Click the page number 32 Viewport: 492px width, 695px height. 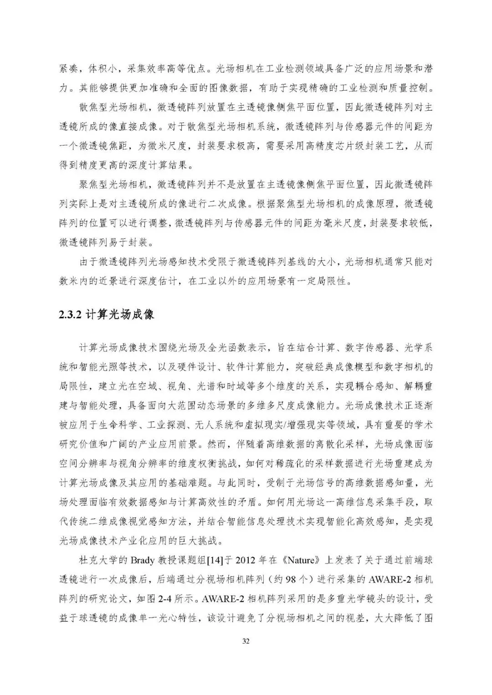tap(246, 641)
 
